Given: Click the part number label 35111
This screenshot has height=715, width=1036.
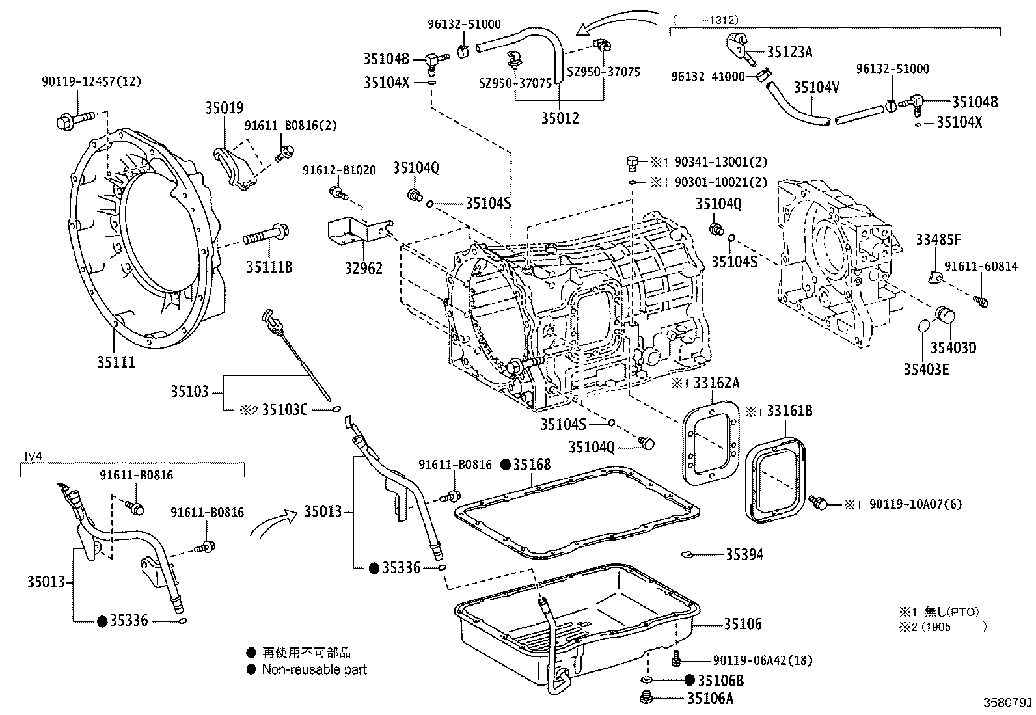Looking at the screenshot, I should click(116, 362).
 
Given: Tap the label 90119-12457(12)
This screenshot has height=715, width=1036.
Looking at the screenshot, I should click(91, 82).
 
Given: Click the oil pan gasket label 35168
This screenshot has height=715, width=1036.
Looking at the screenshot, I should click(531, 464).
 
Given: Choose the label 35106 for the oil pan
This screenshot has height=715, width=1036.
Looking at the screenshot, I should click(743, 624).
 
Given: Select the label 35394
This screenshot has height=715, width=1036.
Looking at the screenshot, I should click(744, 554).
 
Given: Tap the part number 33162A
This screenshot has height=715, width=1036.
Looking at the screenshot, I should click(716, 383).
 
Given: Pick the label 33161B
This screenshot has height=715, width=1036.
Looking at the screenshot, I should click(789, 411).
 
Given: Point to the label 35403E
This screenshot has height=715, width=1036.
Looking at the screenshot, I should click(926, 369).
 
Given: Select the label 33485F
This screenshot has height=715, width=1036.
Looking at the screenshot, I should click(938, 240).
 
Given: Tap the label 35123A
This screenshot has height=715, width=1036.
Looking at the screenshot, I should click(789, 52).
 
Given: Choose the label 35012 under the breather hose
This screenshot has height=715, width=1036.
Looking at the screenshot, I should click(560, 118).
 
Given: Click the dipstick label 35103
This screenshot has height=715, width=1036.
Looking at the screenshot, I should click(189, 391).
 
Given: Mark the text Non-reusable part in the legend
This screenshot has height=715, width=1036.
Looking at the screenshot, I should click(314, 669).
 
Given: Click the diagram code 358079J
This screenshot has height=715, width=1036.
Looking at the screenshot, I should click(1008, 703).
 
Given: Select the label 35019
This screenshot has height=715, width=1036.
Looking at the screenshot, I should click(225, 108).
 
